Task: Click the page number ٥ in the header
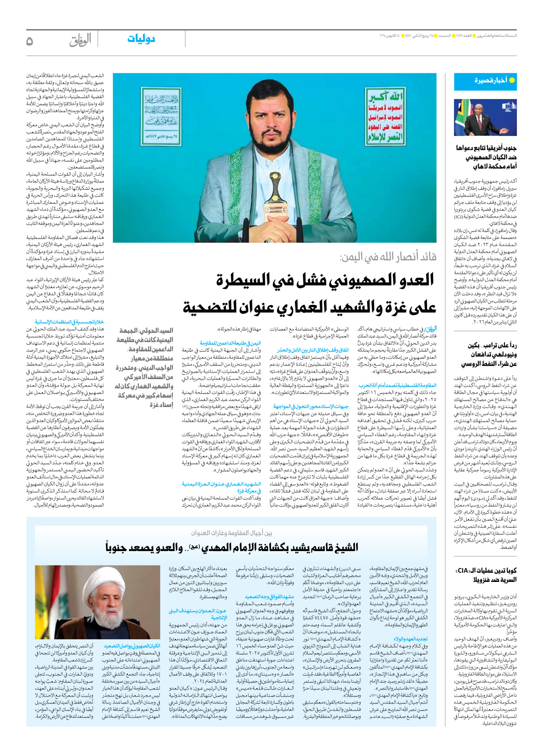[x=30, y=41]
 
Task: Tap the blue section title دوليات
[x=141, y=39]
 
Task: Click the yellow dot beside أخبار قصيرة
[x=512, y=80]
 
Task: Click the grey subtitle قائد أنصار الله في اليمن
[x=387, y=258]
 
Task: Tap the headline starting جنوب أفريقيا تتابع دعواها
[x=486, y=157]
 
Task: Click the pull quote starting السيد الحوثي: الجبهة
[x=144, y=367]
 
